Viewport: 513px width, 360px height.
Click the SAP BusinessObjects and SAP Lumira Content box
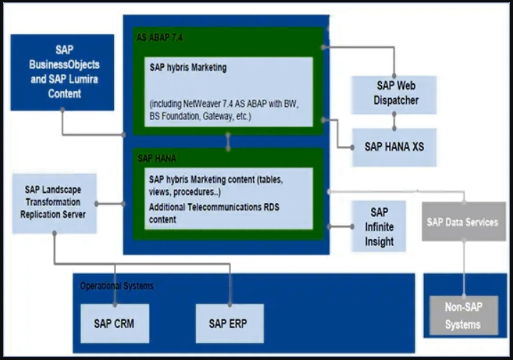point(62,72)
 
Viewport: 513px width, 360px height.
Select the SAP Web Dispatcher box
point(394,93)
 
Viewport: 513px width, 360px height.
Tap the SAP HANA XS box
point(394,146)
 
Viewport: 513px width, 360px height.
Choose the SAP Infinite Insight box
point(379,226)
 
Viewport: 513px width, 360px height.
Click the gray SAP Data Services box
point(462,222)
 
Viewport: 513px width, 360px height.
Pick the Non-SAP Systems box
point(462,317)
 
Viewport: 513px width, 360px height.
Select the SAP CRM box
point(114,323)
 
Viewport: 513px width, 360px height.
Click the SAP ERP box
point(229,323)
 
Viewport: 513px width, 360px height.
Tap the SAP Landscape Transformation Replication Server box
point(54,203)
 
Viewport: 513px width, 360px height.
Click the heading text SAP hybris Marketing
point(188,68)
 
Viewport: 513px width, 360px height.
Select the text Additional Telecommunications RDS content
point(212,212)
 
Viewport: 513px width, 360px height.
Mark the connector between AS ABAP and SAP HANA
point(228,140)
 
